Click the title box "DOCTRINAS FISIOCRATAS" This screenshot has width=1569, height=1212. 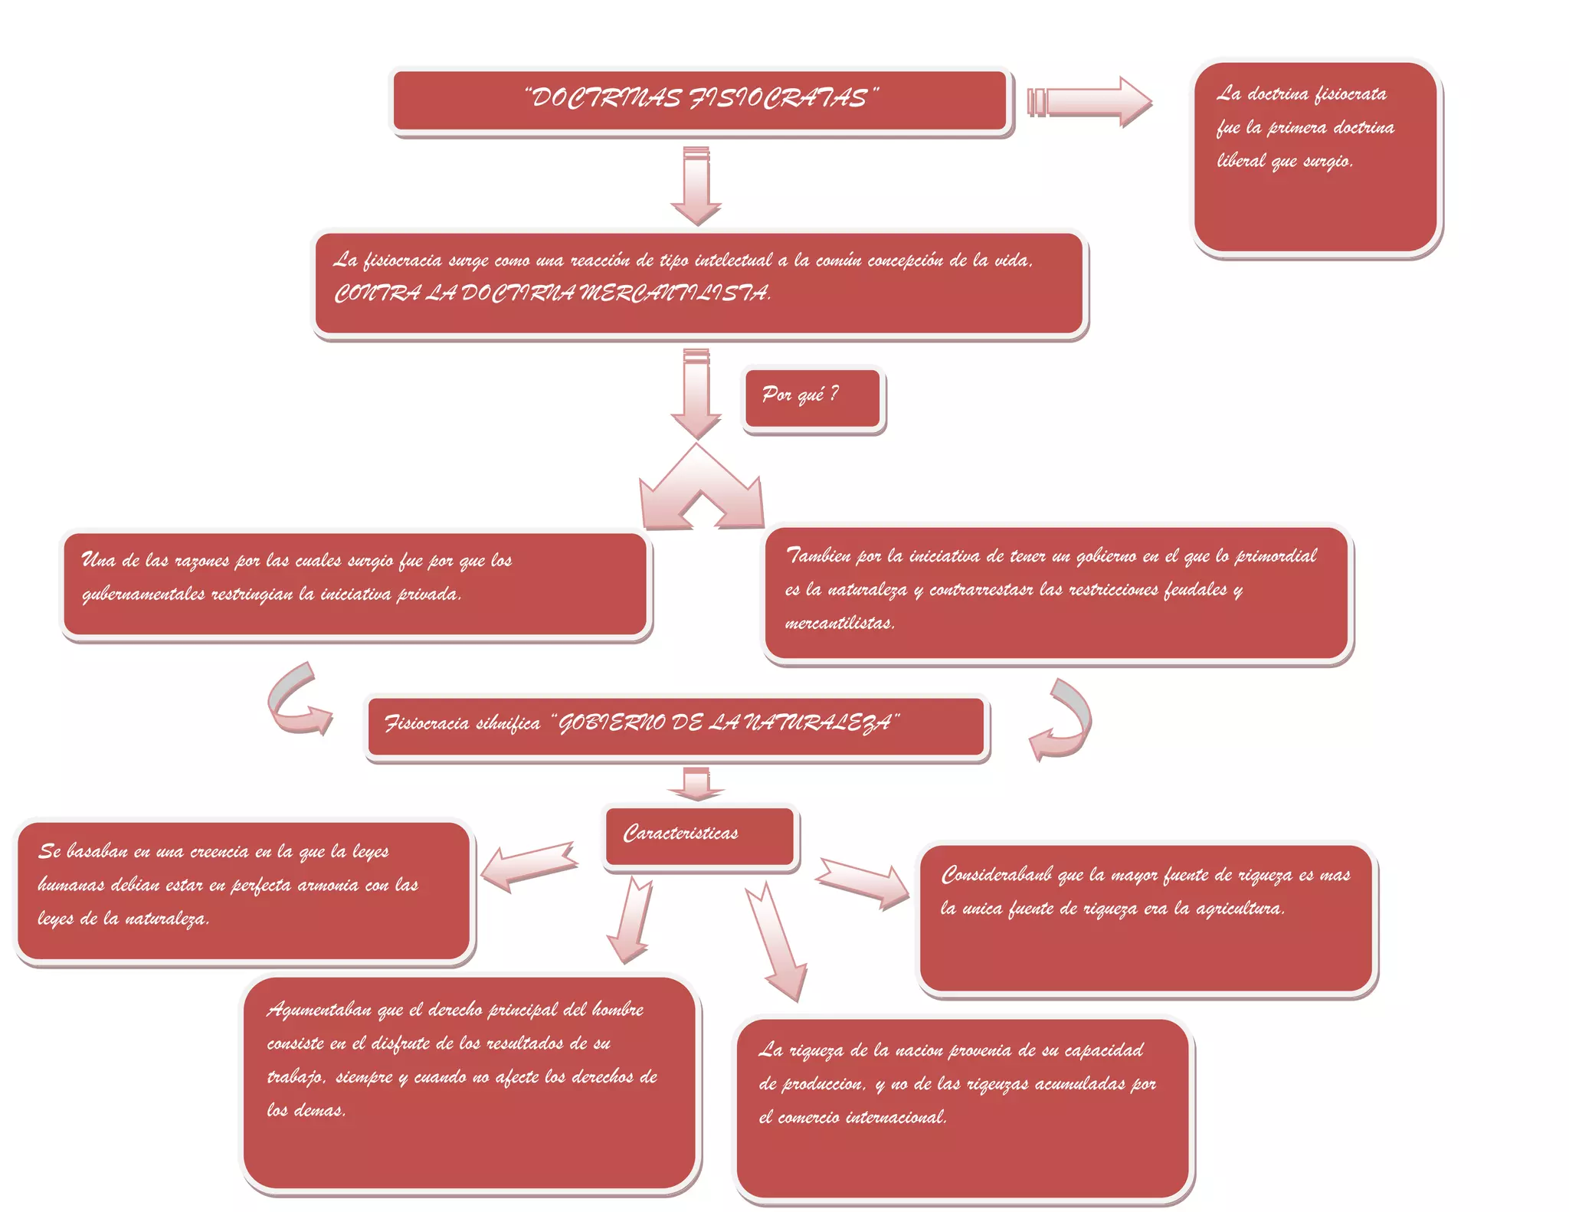[699, 101]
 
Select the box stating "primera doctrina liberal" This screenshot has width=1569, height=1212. [1315, 157]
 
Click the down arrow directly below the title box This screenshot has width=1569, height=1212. [696, 185]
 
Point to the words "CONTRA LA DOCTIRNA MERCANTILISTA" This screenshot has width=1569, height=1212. [552, 293]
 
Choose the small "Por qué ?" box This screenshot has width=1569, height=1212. [813, 398]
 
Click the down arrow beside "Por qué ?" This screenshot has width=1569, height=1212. [696, 392]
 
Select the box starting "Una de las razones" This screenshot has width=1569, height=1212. [355, 585]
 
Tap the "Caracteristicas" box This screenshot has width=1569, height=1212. [699, 836]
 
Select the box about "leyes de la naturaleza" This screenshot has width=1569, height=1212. [244, 890]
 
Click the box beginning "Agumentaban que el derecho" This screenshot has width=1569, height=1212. [469, 1082]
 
